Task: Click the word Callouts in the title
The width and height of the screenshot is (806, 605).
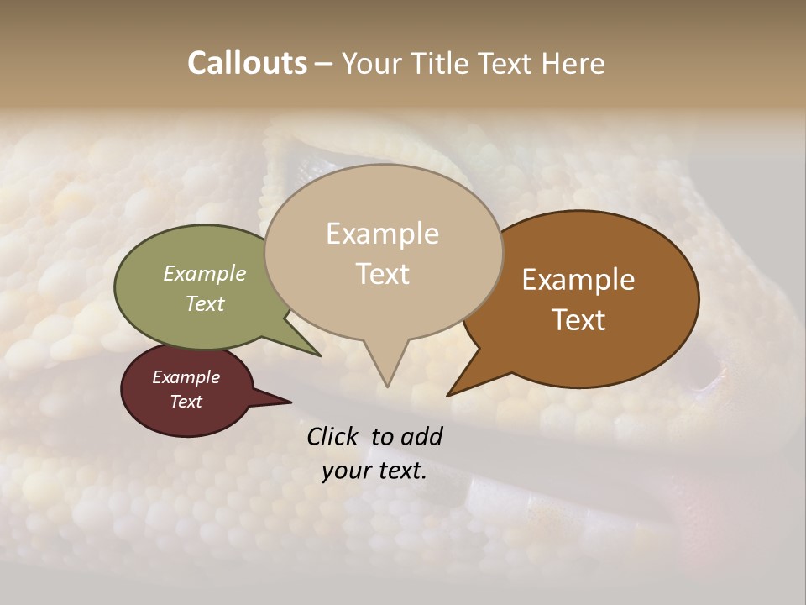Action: point(247,64)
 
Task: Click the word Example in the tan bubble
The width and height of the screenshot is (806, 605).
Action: point(382,234)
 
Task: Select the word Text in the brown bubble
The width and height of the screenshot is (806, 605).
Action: point(578,320)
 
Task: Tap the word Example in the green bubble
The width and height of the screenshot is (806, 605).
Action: point(205,273)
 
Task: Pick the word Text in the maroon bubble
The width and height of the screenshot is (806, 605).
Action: point(186,402)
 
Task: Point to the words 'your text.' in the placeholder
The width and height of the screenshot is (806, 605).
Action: point(374,471)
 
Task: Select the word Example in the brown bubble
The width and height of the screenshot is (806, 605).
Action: point(578,280)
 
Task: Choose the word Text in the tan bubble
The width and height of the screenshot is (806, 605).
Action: point(382,274)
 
